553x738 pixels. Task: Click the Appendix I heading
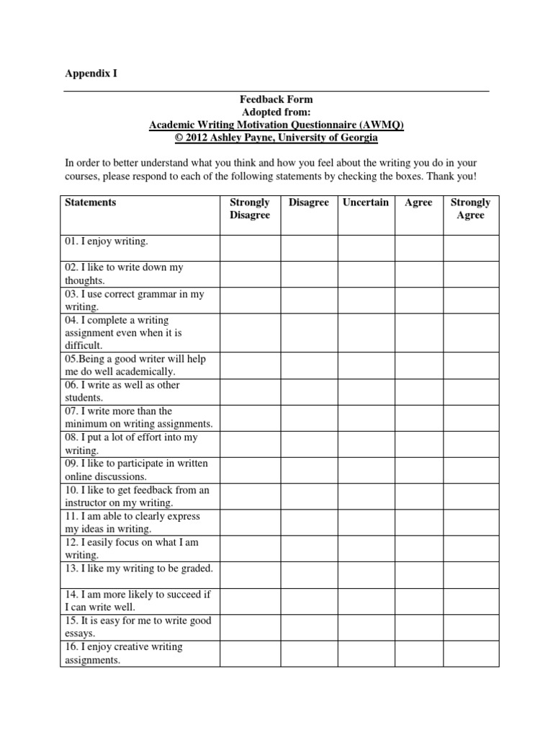click(x=91, y=74)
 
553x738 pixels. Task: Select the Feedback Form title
click(x=276, y=99)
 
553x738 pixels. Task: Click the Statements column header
click(x=90, y=203)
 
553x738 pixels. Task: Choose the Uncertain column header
click(x=365, y=203)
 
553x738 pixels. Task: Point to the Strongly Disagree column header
click(x=249, y=208)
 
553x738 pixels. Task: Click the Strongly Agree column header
click(x=470, y=208)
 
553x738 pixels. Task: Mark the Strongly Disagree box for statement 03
click(x=249, y=300)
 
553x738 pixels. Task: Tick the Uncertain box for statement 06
click(x=365, y=391)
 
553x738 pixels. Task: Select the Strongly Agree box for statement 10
click(x=470, y=497)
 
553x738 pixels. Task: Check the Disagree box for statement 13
click(x=309, y=575)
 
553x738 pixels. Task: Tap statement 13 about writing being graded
click(x=139, y=569)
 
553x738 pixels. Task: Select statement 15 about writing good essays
click(x=138, y=627)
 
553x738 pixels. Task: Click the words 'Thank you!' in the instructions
click(x=454, y=177)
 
